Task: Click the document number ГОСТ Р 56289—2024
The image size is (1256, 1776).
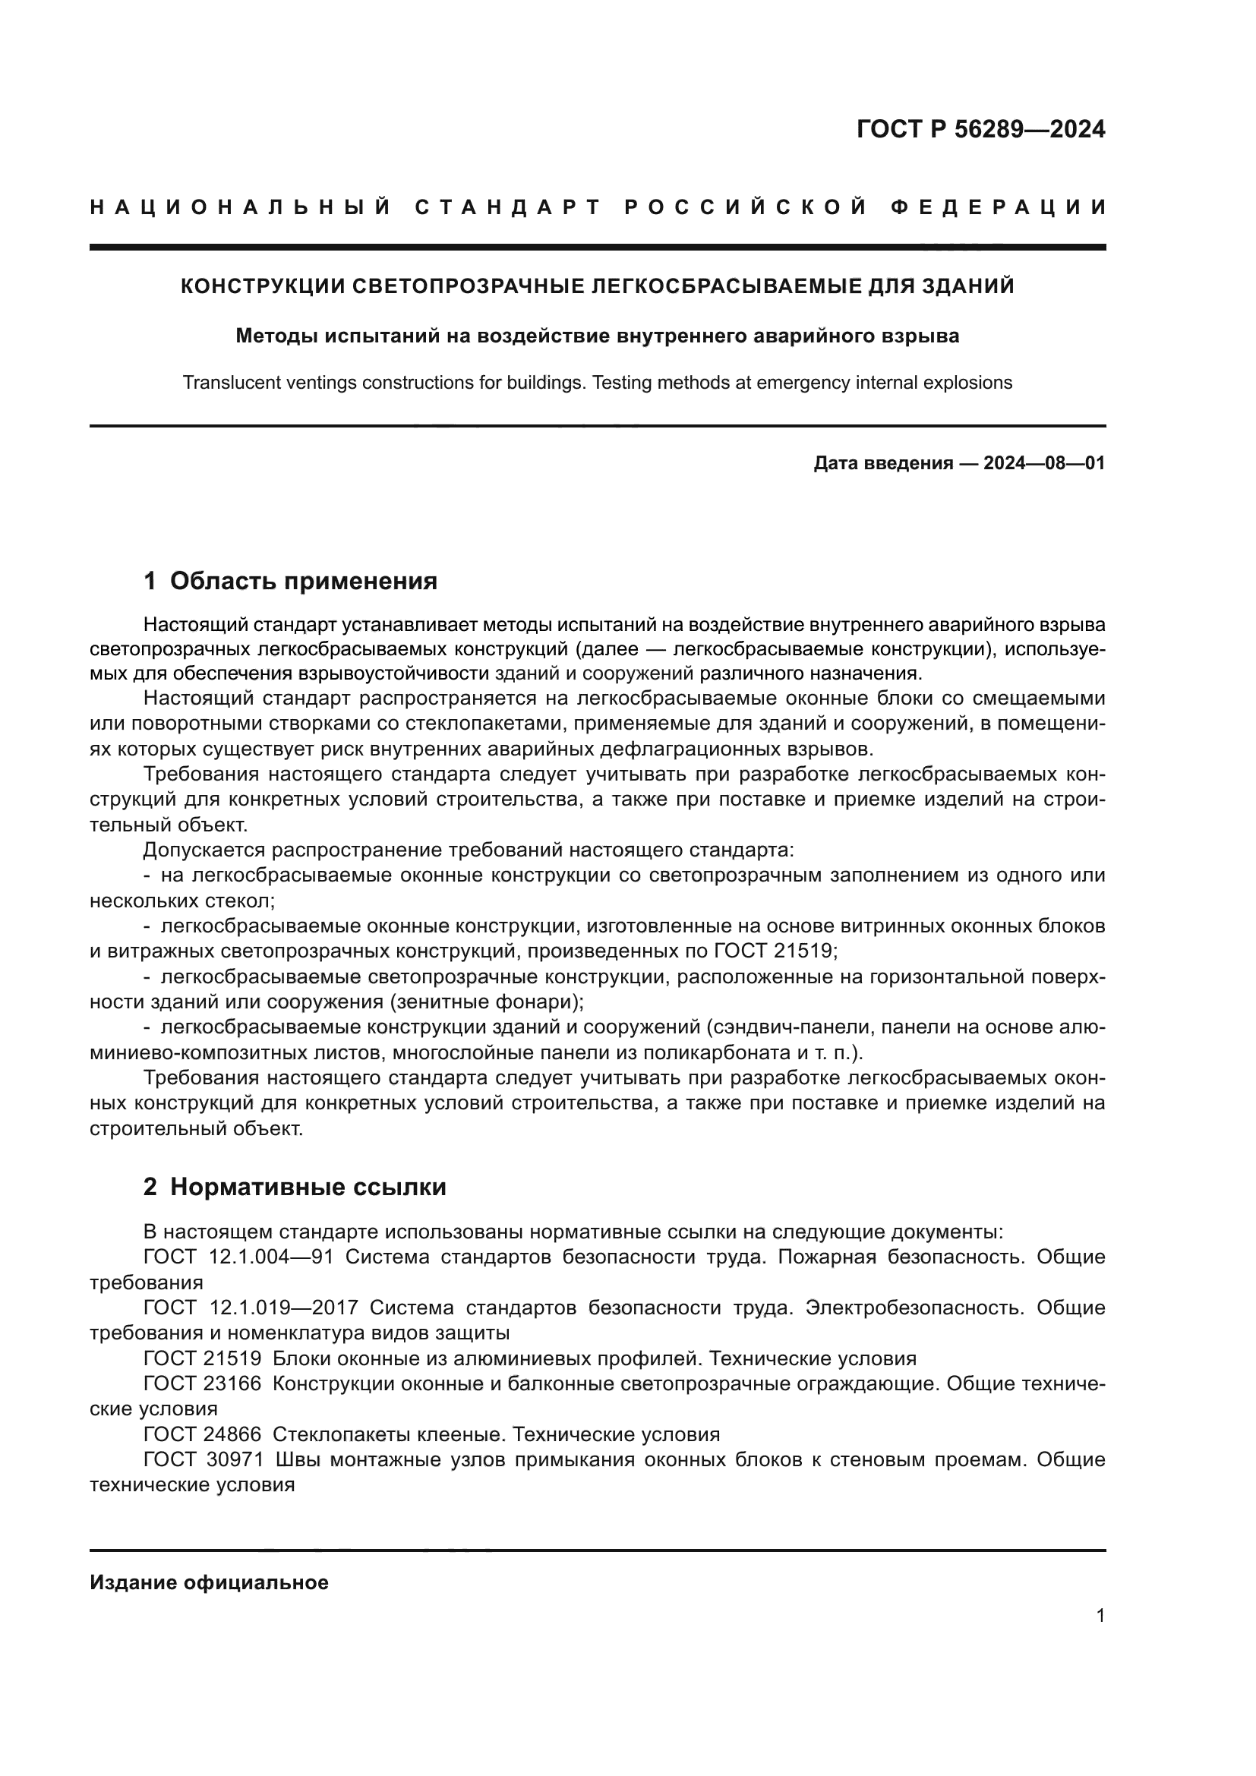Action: [x=980, y=129]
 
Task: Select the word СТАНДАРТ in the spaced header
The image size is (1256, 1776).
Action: [x=508, y=207]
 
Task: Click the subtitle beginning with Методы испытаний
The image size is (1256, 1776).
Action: [x=597, y=336]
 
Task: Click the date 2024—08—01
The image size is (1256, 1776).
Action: [x=1044, y=464]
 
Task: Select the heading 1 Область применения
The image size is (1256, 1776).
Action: [x=290, y=581]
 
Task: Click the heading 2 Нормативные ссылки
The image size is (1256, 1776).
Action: [x=295, y=1187]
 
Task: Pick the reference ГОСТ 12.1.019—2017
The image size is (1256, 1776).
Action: [x=251, y=1308]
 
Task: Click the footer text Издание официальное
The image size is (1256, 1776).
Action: [x=209, y=1582]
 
